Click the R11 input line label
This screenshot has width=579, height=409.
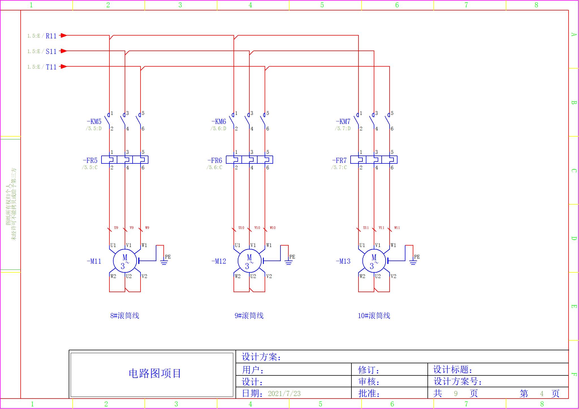51,36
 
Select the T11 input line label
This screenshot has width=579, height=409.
51,67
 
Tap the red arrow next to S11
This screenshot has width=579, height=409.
64,51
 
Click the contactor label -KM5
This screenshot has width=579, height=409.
94,122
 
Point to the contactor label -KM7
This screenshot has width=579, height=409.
343,122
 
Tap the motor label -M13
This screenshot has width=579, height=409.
343,261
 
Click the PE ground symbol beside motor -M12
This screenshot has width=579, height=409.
288,263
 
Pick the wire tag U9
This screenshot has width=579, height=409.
116,228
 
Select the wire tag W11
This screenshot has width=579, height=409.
397,228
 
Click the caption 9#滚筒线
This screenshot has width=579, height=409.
249,316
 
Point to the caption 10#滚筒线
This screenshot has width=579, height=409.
374,316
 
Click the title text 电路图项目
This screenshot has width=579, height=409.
155,373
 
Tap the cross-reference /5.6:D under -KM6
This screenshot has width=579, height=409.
218,129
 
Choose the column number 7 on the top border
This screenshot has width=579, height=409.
466,5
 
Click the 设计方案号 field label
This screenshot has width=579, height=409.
457,382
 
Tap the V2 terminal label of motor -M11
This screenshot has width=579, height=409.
144,276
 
